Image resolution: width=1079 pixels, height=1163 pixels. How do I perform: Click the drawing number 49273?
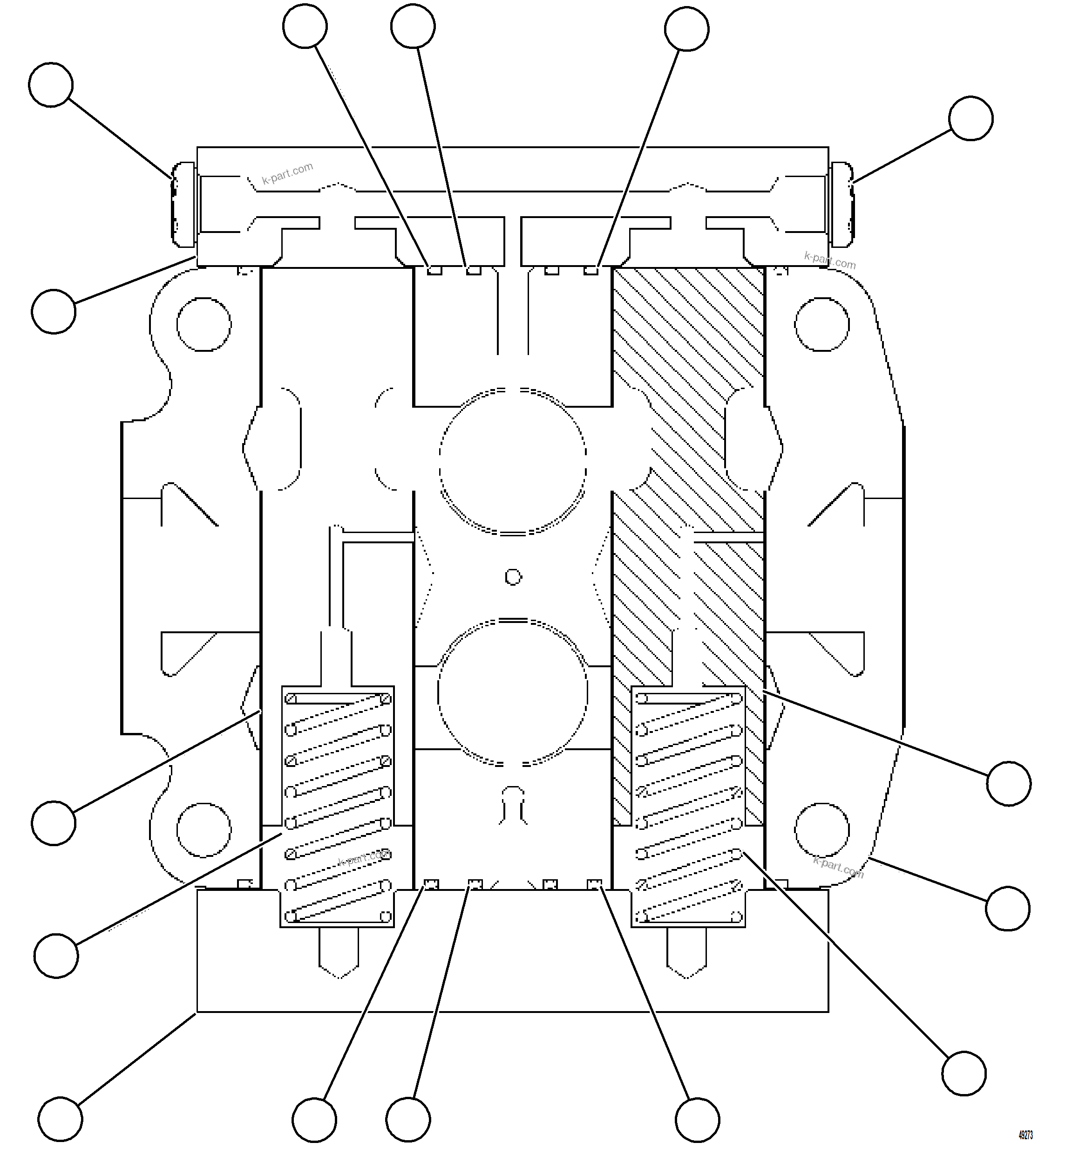point(1026,1135)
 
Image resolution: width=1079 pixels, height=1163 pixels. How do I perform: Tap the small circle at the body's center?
point(513,577)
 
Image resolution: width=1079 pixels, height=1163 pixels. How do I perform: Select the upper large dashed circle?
point(513,461)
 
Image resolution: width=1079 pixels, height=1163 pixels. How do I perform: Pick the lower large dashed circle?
point(513,693)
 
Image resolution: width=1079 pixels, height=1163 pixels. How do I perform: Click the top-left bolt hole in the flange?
point(204,324)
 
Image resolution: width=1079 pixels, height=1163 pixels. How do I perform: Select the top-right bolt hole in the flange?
point(822,324)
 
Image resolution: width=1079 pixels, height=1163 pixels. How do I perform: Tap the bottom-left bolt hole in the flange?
point(204,830)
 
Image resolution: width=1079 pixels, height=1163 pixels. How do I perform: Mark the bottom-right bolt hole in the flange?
point(822,830)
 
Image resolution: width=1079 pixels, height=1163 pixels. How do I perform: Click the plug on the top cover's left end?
point(183,205)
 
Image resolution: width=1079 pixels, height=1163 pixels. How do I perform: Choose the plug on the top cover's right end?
point(841,205)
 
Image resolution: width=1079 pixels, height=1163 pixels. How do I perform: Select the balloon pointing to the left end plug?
point(51,85)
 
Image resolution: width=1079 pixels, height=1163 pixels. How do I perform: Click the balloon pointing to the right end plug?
point(971,118)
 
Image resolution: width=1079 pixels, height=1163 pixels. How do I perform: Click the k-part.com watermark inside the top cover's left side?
point(287,173)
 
